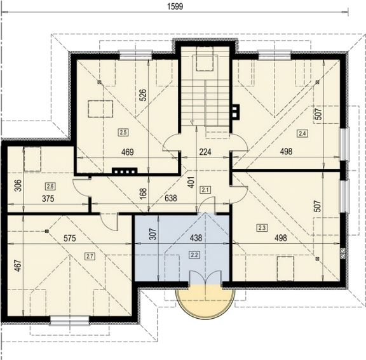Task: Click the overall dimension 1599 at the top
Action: pyautogui.click(x=175, y=6)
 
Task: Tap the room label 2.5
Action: pyautogui.click(x=123, y=133)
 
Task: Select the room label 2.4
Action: pyautogui.click(x=302, y=133)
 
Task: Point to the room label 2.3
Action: pyautogui.click(x=262, y=227)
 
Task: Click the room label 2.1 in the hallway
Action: pyautogui.click(x=205, y=190)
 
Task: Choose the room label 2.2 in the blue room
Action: pyautogui.click(x=194, y=255)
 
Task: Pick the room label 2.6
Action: pyautogui.click(x=50, y=186)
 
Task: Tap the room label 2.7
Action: pyautogui.click(x=90, y=257)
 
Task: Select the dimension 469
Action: pyautogui.click(x=128, y=152)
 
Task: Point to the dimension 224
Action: pyautogui.click(x=205, y=152)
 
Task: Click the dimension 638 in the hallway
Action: pyautogui.click(x=171, y=198)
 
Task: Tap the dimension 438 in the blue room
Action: pyautogui.click(x=196, y=238)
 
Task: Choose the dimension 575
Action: pyautogui.click(x=70, y=238)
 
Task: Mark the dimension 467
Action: pyautogui.click(x=18, y=265)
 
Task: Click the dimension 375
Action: pyautogui.click(x=48, y=199)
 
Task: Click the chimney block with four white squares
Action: pyautogui.click(x=125, y=171)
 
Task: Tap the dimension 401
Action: pyautogui.click(x=191, y=182)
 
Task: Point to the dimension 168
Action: pyautogui.click(x=144, y=193)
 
